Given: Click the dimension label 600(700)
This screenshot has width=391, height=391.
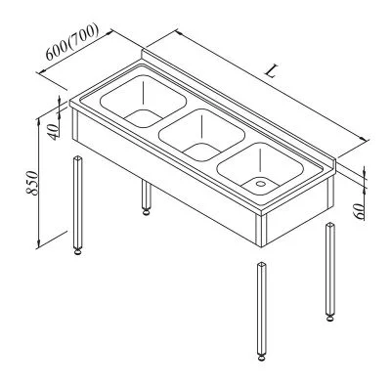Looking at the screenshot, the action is (72, 42).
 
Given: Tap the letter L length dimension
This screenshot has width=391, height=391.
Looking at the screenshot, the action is (271, 71).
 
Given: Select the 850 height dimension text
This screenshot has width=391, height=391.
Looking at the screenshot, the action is (32, 183).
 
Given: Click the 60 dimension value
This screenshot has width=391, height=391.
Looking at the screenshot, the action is (359, 211).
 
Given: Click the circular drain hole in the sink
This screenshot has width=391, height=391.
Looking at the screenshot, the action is (260, 184).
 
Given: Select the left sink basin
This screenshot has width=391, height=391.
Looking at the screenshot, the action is (143, 102).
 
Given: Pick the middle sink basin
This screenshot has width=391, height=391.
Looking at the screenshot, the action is (201, 135).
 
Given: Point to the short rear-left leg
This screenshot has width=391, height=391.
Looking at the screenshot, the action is (146, 197).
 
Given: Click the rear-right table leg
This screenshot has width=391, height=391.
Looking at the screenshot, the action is (330, 272).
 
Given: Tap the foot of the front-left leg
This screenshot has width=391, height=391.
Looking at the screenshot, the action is (77, 251).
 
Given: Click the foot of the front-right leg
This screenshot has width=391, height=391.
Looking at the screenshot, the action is (261, 358).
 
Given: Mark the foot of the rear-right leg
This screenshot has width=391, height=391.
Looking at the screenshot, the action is (329, 319).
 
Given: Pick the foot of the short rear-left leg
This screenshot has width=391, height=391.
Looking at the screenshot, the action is (146, 212).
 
